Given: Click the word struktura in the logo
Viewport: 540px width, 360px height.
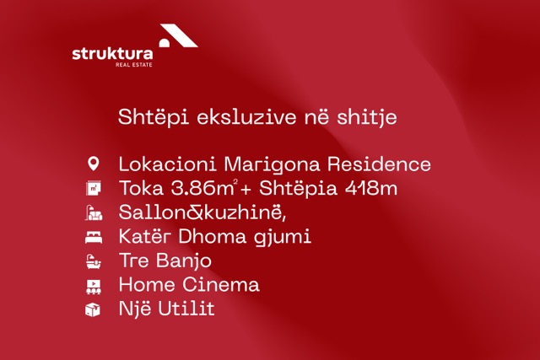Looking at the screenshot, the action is coord(112,54).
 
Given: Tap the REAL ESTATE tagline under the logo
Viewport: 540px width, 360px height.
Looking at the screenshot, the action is coord(134,65).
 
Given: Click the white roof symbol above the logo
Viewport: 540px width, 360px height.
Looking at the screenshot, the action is coord(178,35).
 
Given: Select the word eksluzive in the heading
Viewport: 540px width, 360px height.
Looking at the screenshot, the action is coord(246,116).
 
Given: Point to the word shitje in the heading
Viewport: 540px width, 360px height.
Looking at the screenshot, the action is coord(367,118).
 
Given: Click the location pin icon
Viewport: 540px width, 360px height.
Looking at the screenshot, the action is coord(94,164).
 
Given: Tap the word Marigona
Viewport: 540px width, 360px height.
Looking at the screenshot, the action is coord(272,164).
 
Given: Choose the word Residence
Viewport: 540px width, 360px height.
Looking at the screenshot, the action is coord(379,164).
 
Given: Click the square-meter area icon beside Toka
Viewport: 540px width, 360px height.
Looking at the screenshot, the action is coord(94,188).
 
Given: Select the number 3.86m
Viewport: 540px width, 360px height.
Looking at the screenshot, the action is coord(202,188).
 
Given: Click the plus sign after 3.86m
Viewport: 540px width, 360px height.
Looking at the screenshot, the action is coord(246,190).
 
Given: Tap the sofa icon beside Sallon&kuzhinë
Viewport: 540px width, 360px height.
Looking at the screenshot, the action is coord(94,212).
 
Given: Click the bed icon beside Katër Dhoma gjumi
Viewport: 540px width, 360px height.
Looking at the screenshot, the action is coord(94,238).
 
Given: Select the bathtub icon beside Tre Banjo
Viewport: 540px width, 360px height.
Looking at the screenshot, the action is coord(94,261).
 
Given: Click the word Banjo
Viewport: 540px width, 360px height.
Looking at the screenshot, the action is coord(184,261).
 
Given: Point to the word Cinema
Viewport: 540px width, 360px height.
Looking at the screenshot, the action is coord(220,285).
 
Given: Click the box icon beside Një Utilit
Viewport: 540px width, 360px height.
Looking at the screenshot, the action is coord(93,309).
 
